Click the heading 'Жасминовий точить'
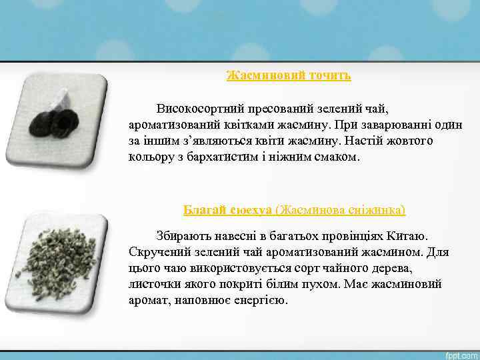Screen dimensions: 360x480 [x=289, y=75]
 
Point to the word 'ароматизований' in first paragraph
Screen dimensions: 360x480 [x=171, y=125]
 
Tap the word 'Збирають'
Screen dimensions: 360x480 [x=182, y=236]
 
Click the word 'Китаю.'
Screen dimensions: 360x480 [x=413, y=236]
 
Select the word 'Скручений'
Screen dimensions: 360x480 [x=157, y=252]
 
